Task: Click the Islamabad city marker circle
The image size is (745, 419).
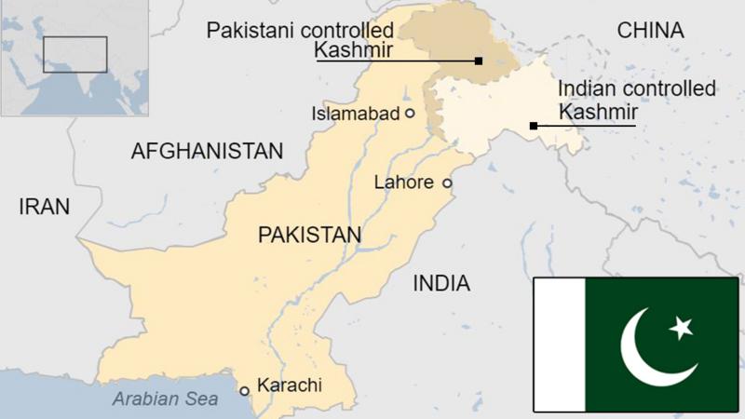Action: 409,113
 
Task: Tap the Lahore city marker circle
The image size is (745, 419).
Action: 447,182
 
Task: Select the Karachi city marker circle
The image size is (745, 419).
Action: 245,390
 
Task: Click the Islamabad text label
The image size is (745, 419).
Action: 359,114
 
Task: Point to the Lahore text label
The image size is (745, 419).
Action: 403,182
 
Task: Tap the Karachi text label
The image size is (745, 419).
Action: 289,385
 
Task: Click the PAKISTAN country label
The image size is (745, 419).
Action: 309,235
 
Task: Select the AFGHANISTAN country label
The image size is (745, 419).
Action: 207,151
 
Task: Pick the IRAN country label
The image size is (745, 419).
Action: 44,207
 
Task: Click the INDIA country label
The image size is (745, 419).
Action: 441,283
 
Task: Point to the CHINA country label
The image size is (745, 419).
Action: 650,31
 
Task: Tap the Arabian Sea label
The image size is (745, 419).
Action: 165,399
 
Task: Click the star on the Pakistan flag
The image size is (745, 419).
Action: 682,327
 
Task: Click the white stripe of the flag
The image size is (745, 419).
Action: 559,345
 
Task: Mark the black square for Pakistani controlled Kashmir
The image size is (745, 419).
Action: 479,61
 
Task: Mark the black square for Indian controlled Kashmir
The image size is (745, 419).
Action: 533,126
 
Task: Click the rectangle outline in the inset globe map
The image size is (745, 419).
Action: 75,55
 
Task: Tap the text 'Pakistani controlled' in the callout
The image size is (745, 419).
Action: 300,30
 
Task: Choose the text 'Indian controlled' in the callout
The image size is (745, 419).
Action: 636,89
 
